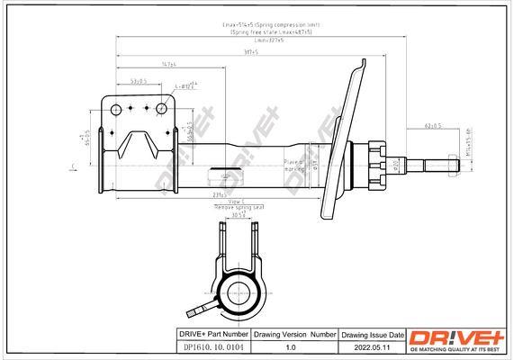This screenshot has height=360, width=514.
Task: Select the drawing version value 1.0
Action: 290,346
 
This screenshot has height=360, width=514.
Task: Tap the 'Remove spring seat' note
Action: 234,208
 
